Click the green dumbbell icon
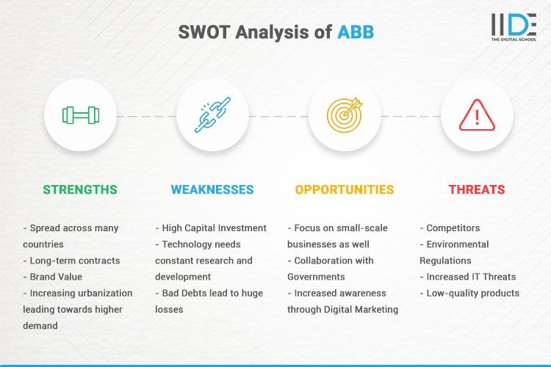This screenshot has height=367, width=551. (80, 115)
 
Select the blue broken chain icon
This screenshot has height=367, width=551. (212, 115)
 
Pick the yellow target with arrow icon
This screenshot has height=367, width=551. (345, 115)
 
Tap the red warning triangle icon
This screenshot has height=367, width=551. (477, 115)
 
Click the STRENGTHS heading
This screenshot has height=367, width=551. (80, 189)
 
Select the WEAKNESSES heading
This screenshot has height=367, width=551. (212, 189)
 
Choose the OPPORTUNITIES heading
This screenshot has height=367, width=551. (345, 189)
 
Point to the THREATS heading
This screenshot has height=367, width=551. (477, 189)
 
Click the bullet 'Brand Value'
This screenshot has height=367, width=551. (57, 277)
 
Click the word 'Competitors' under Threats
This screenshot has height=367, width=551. (455, 228)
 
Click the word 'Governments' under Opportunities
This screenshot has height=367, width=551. (318, 277)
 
